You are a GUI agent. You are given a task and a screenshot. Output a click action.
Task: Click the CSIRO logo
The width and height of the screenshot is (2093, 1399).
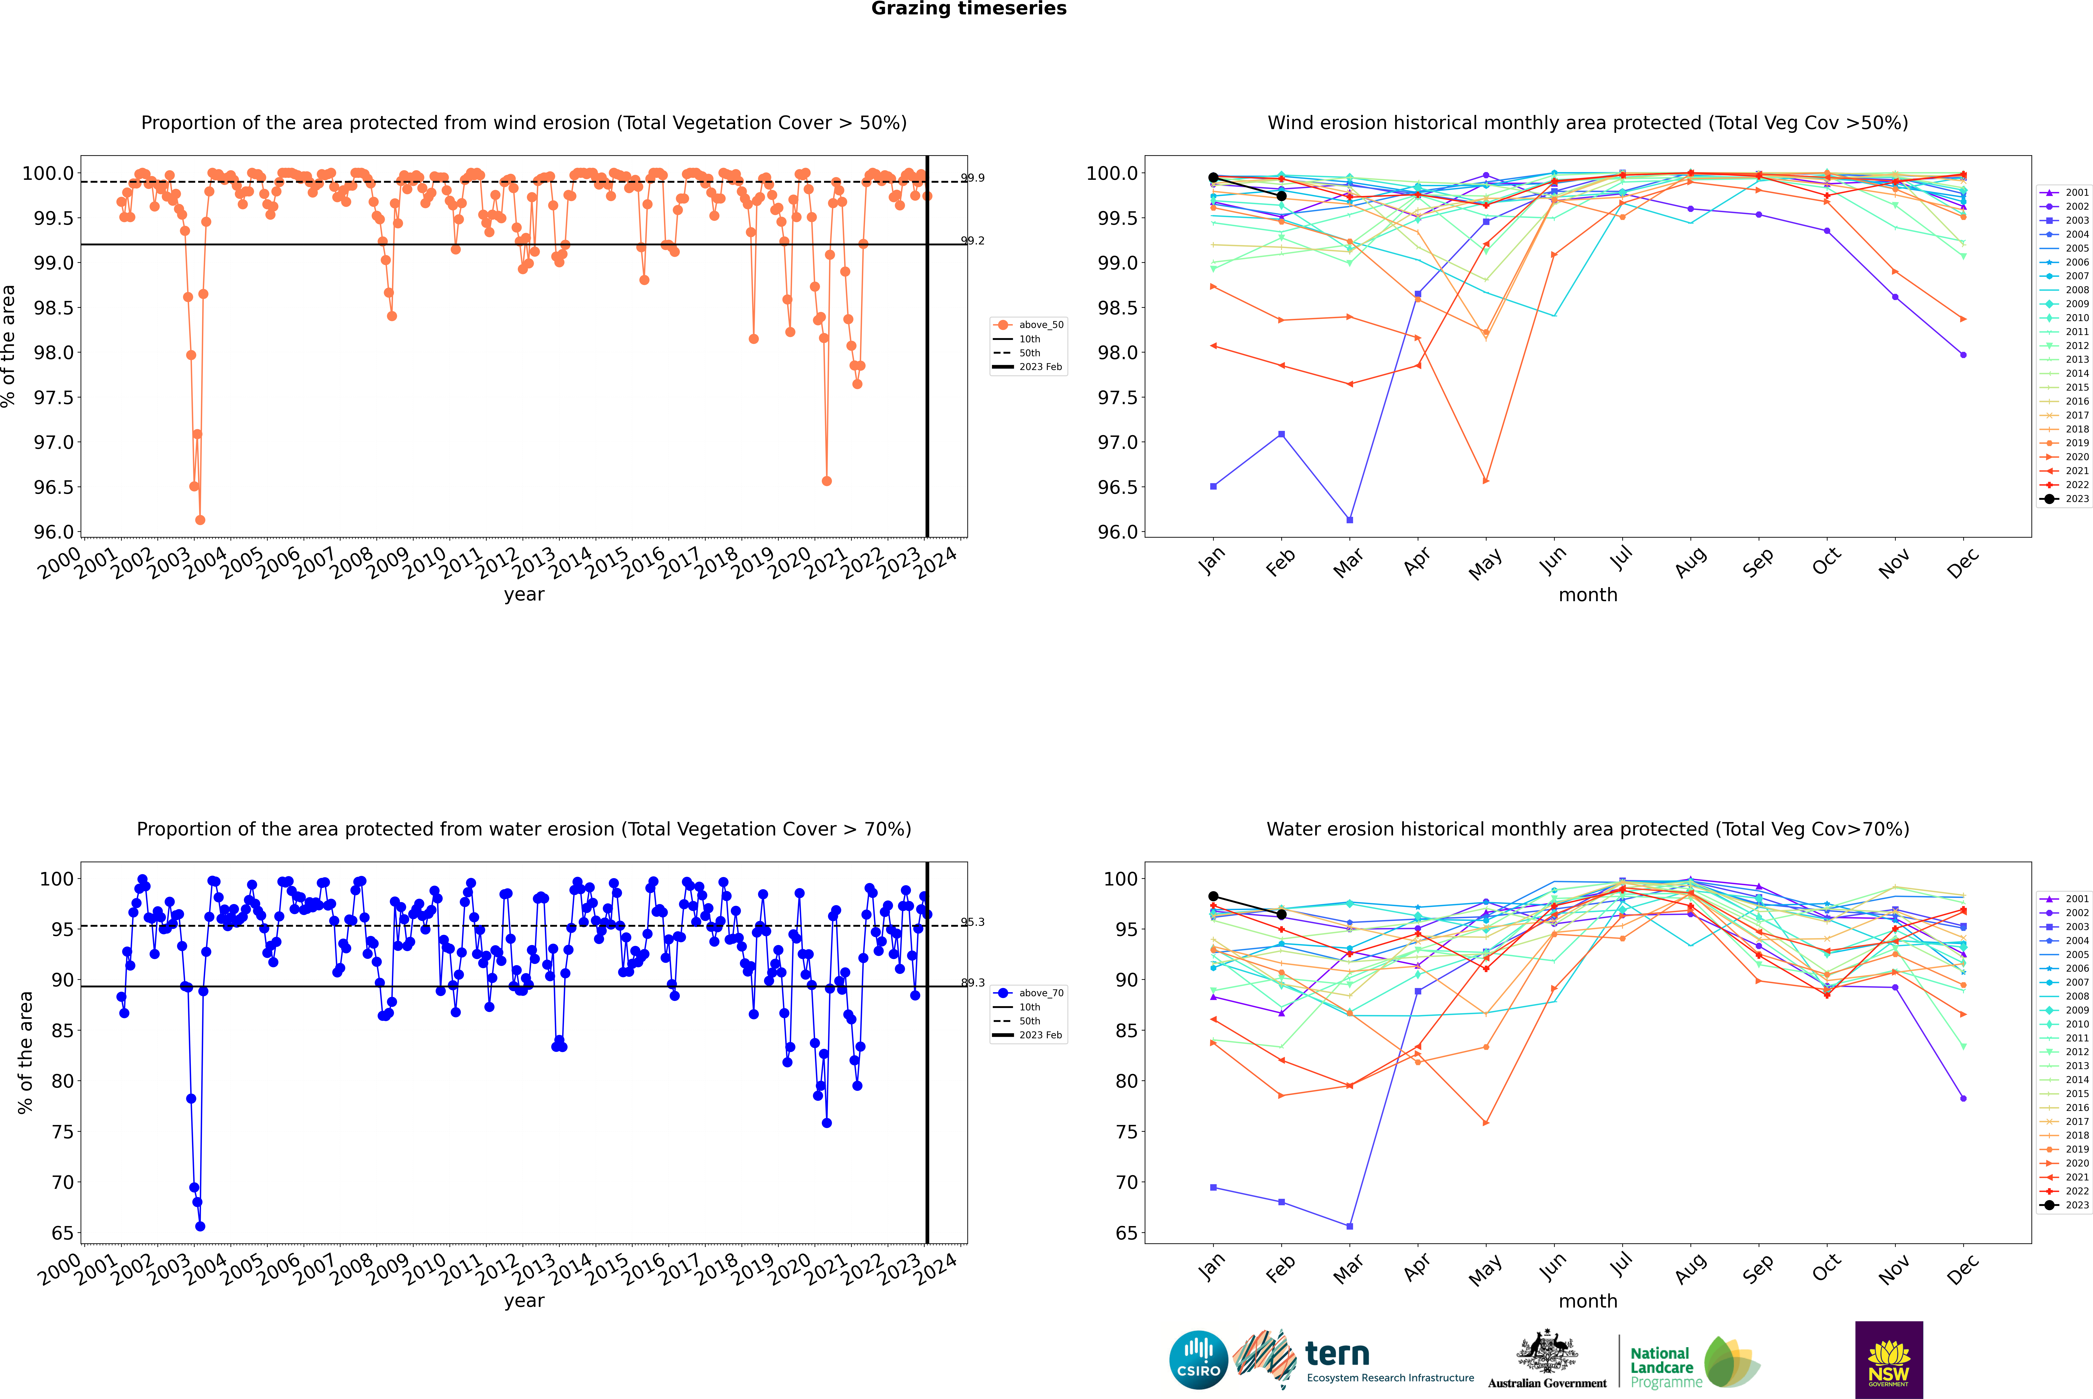(1198, 1360)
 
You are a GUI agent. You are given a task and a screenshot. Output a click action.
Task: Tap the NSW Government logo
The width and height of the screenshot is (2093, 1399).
(1889, 1360)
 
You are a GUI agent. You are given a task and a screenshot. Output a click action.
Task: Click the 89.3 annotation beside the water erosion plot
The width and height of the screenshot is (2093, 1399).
(972, 982)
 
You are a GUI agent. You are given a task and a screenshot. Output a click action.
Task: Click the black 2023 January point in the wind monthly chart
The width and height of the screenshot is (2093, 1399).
(1213, 178)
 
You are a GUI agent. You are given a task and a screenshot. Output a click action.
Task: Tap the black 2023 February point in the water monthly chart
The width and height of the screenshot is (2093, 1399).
(1281, 915)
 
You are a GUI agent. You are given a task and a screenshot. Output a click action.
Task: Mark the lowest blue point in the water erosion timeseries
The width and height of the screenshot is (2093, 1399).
(200, 1226)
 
